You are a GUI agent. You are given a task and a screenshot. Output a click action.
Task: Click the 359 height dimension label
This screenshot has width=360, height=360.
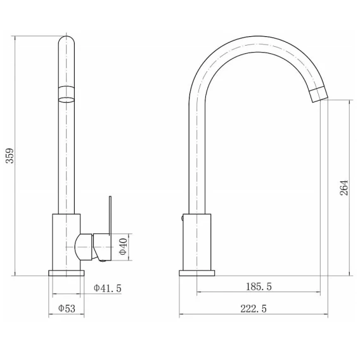pos(10,156)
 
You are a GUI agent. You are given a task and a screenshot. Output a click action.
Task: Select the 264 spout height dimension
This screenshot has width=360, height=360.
pos(344,188)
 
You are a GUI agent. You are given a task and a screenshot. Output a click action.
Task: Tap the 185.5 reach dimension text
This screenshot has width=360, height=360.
pos(259,286)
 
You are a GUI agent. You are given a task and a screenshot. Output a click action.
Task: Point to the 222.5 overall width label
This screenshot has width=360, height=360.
pos(254,309)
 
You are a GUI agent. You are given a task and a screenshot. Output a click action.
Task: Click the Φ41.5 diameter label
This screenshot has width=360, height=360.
pos(108,288)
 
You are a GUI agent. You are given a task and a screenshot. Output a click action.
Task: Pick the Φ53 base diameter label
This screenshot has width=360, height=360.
pos(67,308)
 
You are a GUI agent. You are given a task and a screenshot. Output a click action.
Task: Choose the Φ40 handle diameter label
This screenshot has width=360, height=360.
pos(123,247)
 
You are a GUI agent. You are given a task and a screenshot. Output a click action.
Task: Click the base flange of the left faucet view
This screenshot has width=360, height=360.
pos(67,273)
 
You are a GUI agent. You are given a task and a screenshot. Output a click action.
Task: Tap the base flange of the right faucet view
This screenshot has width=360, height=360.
pos(196,273)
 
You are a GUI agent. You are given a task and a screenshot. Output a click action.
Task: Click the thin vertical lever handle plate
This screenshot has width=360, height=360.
pos(110,215)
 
